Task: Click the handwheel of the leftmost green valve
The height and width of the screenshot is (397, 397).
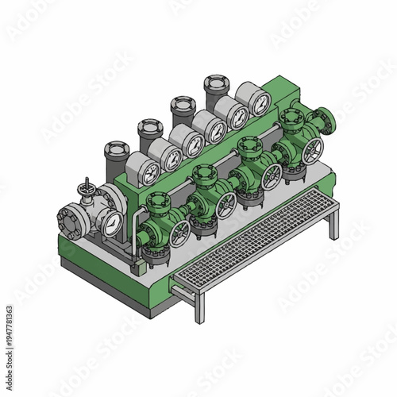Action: (182, 233)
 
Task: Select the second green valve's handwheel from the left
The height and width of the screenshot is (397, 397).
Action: (227, 205)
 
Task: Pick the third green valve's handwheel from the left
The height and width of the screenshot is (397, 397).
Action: (272, 176)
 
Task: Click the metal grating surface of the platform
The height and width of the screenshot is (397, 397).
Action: (254, 238)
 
